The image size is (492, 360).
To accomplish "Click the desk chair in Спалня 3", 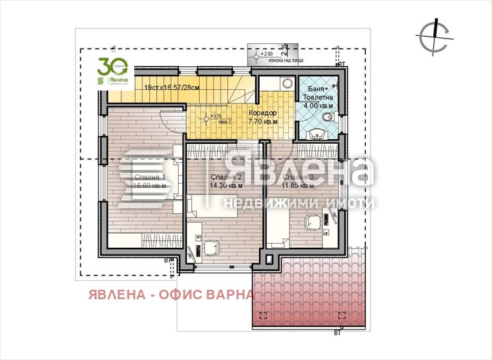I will [x=312, y=221].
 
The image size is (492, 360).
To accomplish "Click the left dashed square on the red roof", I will [x=265, y=315].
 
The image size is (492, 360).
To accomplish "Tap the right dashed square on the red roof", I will [x=343, y=315].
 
